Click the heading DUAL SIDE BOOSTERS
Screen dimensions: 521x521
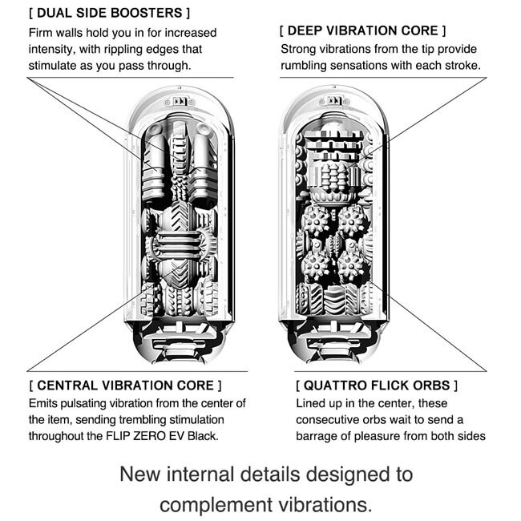point(109,14)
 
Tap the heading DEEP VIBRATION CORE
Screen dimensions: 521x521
point(362,31)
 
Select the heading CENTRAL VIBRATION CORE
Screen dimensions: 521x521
point(124,386)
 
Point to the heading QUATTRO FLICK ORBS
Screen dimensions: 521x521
point(377,386)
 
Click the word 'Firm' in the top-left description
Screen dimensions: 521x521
point(42,32)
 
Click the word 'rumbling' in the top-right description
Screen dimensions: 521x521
point(307,65)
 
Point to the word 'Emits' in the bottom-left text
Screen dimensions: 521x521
point(43,403)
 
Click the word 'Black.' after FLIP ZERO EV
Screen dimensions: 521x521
point(201,437)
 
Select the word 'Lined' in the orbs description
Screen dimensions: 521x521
point(313,403)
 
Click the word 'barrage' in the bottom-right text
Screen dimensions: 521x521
point(320,437)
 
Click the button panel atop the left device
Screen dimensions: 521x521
point(181,102)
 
